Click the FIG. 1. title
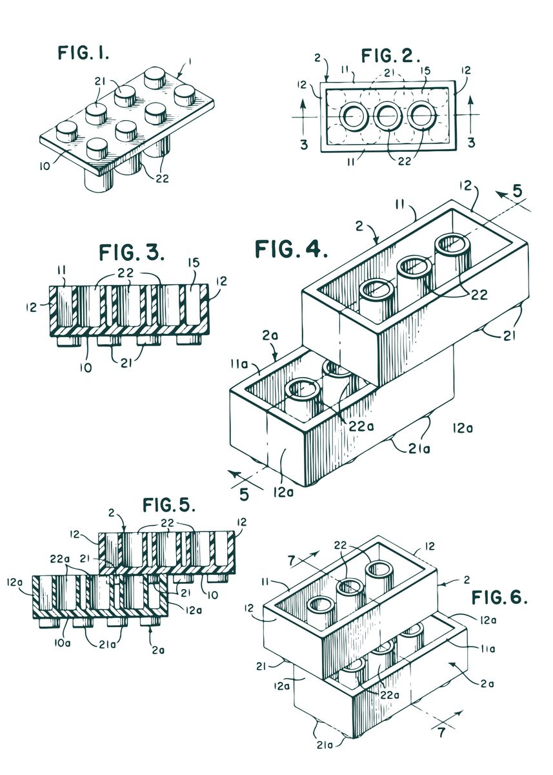coord(83,52)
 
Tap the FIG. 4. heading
coord(291,249)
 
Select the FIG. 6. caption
coord(499,597)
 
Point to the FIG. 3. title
coord(132,252)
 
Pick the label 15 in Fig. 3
coord(194,263)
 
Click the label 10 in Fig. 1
coord(45,166)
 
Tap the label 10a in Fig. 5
coord(63,643)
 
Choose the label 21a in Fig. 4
coord(419,449)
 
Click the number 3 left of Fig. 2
coord(304,145)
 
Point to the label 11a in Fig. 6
coord(487,649)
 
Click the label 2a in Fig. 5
coord(158,650)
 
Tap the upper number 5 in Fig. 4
coord(518,191)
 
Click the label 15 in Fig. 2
coord(425,71)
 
